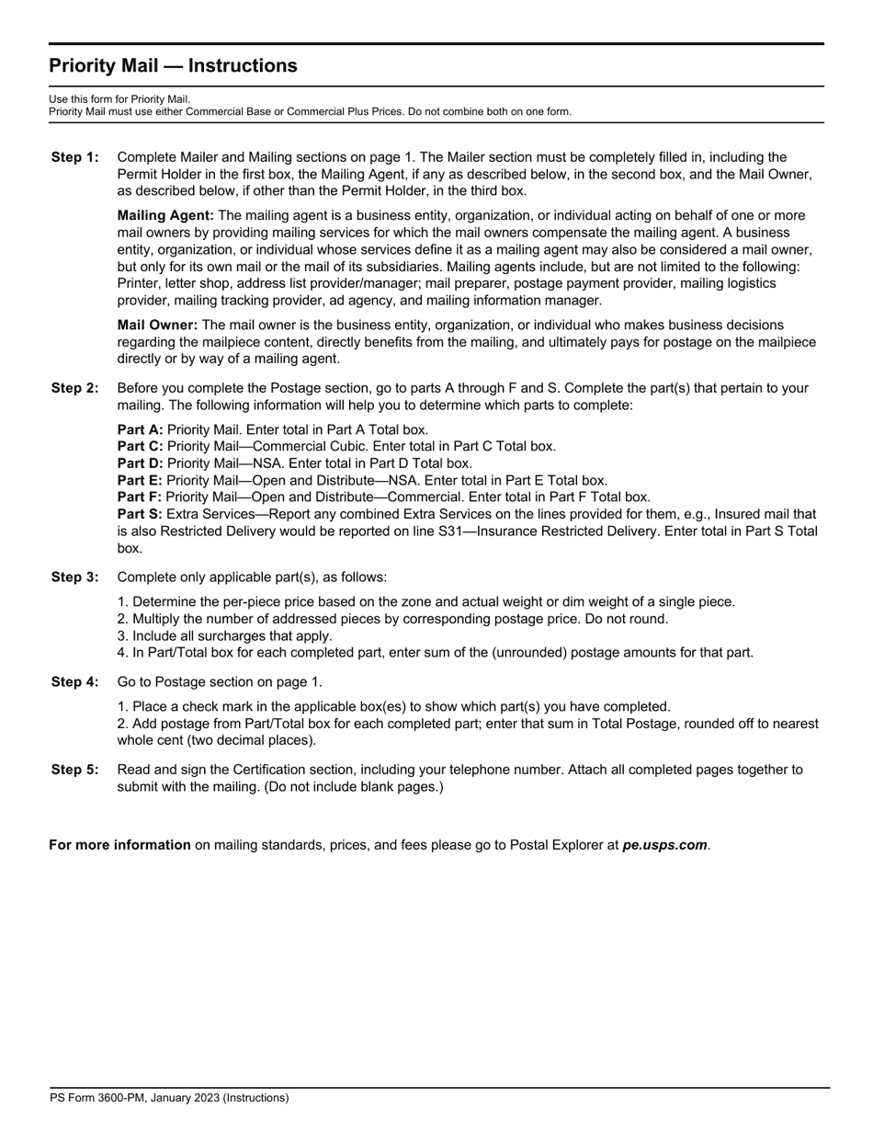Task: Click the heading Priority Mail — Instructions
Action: click(173, 66)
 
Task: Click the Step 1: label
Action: click(74, 157)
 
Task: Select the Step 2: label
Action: click(74, 388)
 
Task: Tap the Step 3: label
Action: click(74, 577)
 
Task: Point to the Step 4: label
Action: click(74, 682)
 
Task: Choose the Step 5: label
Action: click(74, 770)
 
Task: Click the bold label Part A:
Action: click(141, 429)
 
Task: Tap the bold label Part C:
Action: click(141, 446)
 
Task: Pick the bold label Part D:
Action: click(141, 463)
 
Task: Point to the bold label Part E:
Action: click(141, 480)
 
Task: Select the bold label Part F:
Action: click(141, 497)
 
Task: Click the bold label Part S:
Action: click(141, 514)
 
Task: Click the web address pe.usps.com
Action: click(664, 845)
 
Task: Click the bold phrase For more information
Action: click(119, 845)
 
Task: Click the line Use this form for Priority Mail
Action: click(119, 99)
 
